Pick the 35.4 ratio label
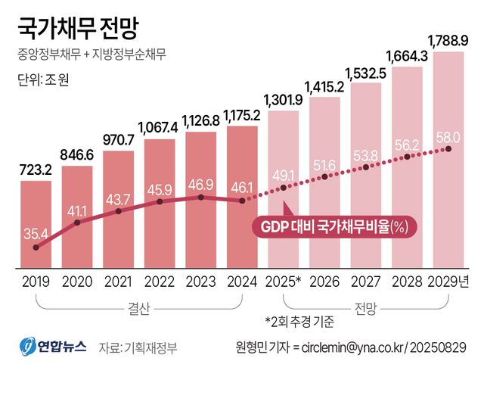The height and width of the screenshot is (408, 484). [36, 232]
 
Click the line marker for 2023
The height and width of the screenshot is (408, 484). [201, 197]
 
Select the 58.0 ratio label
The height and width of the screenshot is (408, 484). [448, 136]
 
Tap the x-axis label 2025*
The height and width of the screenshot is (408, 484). [284, 282]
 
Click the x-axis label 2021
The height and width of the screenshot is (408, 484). [119, 282]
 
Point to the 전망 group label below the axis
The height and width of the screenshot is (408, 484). [365, 308]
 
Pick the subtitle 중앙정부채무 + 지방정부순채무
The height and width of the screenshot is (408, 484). [90, 55]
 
